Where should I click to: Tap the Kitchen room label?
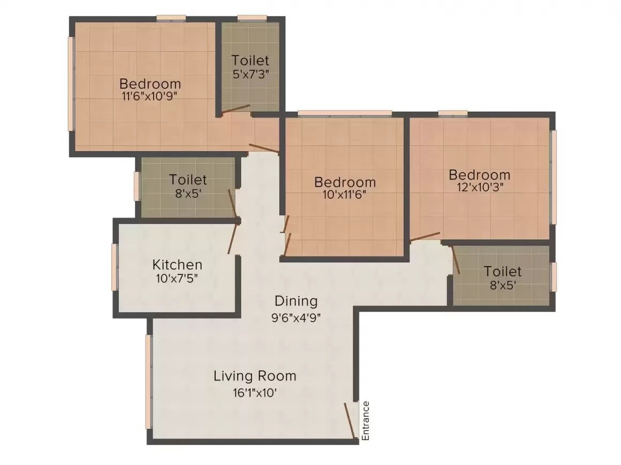[x=177, y=265]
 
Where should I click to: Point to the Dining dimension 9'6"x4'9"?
[x=296, y=318]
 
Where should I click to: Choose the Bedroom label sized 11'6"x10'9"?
[x=150, y=84]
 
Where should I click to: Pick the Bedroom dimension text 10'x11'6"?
[x=345, y=195]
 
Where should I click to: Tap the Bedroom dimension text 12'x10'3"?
[x=479, y=188]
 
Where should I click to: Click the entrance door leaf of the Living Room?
[x=351, y=421]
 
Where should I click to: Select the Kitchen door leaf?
[x=232, y=238]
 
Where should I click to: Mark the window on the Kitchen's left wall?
[x=114, y=267]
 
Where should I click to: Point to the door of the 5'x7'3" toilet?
[x=236, y=110]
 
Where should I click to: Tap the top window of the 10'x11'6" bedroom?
[x=344, y=113]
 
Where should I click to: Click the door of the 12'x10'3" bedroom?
[x=425, y=237]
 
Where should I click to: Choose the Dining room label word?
[x=296, y=301]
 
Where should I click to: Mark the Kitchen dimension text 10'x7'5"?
[x=177, y=278]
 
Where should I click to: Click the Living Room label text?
[x=255, y=376]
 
